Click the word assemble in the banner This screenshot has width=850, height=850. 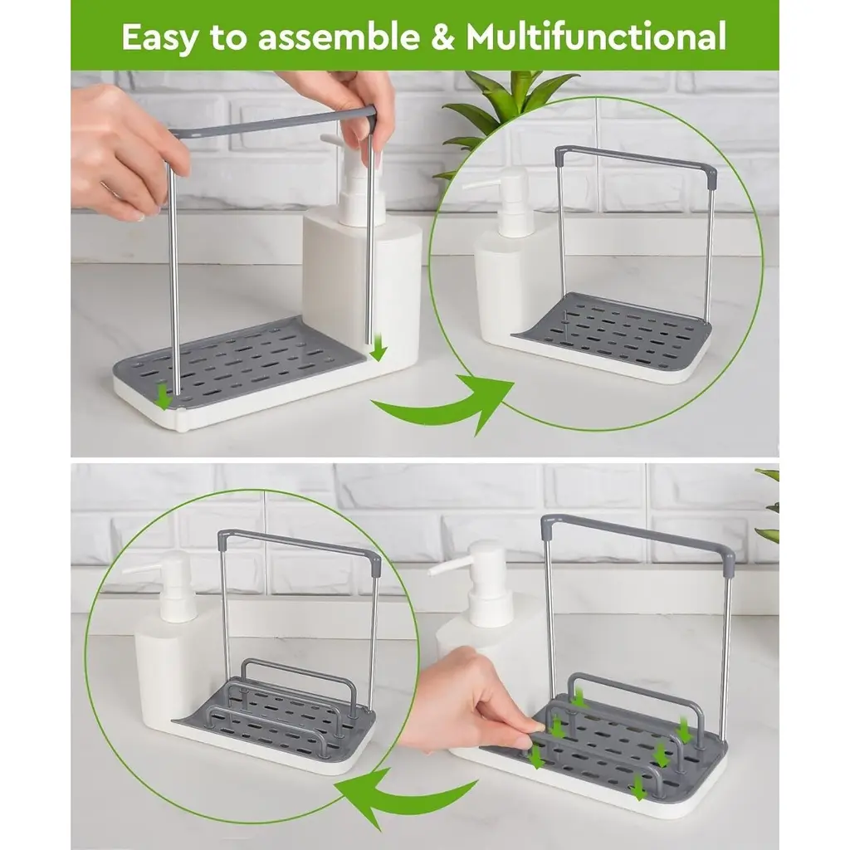(x=339, y=37)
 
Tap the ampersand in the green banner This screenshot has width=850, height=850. (x=443, y=37)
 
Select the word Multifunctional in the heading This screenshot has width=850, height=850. (x=596, y=37)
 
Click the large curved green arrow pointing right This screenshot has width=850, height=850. (x=445, y=404)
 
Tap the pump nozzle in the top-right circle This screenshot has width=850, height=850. (x=480, y=183)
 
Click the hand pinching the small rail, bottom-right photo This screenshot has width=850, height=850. (x=471, y=705)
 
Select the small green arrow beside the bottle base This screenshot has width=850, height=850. (x=378, y=348)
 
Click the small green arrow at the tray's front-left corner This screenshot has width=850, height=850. (x=162, y=398)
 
